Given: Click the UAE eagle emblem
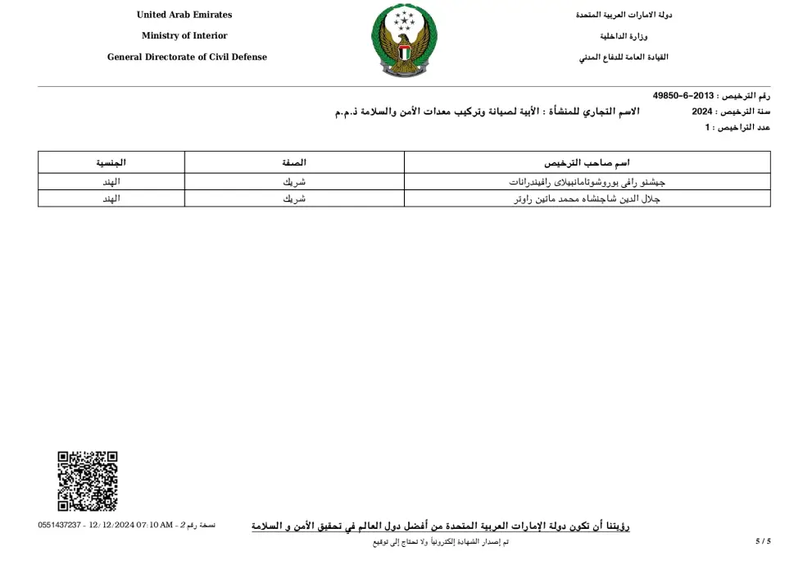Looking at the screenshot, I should pos(405,41).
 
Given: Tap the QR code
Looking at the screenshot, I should pos(88,481).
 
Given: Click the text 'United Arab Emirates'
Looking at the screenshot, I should pos(184,15).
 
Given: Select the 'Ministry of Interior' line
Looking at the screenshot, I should pos(184,36).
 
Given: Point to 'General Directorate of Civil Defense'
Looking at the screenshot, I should pos(187,57).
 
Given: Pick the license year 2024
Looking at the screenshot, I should pos(702,112).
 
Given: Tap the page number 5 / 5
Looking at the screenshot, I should pos(763,541).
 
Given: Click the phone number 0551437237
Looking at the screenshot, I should pos(60,525).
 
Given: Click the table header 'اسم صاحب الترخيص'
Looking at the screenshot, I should pos(587,162).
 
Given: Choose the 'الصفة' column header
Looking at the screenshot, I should pos(294,162).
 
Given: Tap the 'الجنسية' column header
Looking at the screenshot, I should pos(111,162).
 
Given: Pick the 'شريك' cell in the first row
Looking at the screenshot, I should pos(294,182).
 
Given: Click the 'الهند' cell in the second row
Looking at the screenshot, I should pos(111,199).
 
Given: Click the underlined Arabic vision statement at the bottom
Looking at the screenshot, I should pos(440,526).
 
